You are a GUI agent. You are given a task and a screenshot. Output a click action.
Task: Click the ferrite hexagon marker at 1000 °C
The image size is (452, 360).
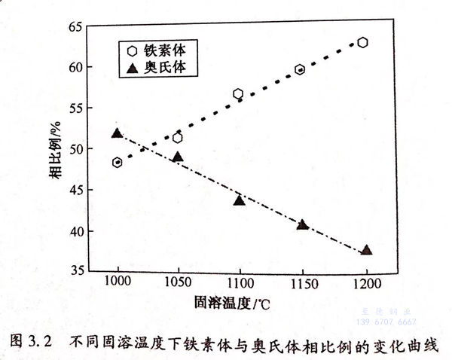point(118,162)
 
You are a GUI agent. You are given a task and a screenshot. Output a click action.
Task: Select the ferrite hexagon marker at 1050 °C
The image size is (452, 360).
point(178,138)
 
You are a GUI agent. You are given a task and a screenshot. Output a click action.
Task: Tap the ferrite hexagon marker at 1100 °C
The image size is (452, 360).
point(238,94)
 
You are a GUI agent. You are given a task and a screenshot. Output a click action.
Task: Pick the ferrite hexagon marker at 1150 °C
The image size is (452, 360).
point(300,69)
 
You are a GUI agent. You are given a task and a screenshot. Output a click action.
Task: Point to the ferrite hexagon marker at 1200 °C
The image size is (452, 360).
point(362,42)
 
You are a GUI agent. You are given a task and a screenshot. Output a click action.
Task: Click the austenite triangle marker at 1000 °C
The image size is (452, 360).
point(117,133)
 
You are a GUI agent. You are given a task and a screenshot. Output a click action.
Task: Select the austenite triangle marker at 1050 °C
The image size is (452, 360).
point(178,157)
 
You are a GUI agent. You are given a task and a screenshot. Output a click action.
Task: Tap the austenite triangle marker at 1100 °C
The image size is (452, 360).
point(240,200)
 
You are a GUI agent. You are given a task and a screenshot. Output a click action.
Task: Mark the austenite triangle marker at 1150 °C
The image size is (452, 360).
point(302,224)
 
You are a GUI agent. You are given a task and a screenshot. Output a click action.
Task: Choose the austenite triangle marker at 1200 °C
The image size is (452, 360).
point(366,250)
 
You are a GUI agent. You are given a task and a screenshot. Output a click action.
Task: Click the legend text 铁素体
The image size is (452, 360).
point(164,51)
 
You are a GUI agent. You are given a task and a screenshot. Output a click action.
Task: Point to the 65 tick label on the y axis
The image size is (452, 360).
point(74,27)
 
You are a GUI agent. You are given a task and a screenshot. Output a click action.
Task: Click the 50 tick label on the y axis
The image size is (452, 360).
point(74,149)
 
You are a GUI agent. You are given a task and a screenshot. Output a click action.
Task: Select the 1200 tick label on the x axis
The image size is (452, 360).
point(364,285)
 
